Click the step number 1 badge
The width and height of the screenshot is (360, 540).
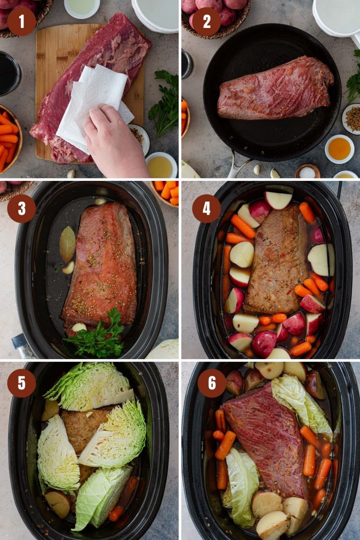(x=22, y=22)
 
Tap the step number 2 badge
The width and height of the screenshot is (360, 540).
(x=206, y=22)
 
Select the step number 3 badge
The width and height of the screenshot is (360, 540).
(x=22, y=209)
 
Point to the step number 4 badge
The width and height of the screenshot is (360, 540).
(x=206, y=209)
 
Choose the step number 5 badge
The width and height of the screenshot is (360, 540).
(x=22, y=383)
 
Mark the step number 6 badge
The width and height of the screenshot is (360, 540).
(x=211, y=383)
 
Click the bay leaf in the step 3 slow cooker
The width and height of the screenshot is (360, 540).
(x=68, y=243)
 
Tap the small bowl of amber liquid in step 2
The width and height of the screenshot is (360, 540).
(x=339, y=148)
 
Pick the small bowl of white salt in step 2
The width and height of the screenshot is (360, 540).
(x=308, y=172)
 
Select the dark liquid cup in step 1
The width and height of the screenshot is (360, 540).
(x=9, y=74)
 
